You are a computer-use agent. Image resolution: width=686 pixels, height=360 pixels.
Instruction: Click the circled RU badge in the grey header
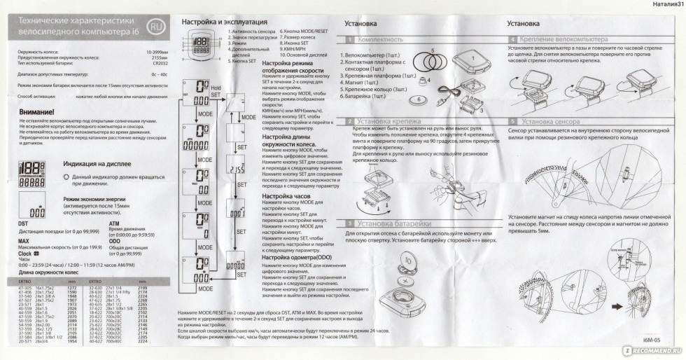pos(157,27)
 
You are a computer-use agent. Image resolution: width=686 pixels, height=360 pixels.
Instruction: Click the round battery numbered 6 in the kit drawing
pos(419,100)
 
